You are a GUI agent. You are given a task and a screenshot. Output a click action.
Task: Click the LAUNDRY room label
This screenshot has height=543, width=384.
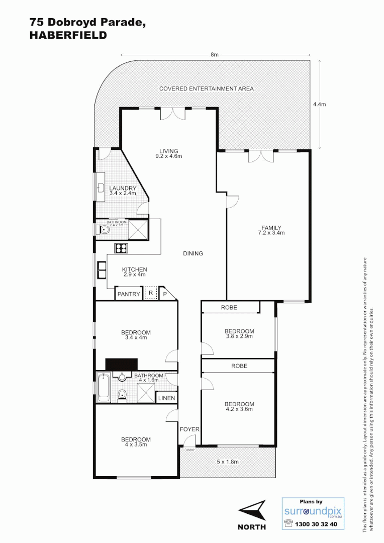[x=123, y=189]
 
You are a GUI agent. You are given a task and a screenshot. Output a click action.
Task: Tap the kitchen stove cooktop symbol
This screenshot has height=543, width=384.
[x=121, y=248]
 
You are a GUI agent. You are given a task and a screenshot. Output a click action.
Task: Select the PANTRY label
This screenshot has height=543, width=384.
[x=129, y=294]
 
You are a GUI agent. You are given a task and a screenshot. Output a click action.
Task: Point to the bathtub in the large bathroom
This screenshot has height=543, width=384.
[x=104, y=388]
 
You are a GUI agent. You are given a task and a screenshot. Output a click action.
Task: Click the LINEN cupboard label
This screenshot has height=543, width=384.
[x=167, y=398]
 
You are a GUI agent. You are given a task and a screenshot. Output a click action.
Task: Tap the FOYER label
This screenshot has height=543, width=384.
[x=189, y=429]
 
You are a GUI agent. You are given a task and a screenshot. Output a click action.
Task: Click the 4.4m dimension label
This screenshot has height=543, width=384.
[x=319, y=105]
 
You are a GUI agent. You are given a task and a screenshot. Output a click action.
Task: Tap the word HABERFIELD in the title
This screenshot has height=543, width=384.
[x=68, y=35]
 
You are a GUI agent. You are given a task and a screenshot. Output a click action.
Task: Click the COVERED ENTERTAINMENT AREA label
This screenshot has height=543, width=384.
[x=206, y=88]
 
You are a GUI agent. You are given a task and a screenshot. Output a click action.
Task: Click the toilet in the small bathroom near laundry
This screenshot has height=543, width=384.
[x=104, y=230]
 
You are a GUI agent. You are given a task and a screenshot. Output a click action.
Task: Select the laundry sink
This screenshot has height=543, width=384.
[x=101, y=189]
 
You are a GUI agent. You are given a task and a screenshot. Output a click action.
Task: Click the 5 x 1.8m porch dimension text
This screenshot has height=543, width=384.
[x=227, y=462]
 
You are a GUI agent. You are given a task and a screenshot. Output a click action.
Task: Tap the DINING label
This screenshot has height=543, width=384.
[x=193, y=253]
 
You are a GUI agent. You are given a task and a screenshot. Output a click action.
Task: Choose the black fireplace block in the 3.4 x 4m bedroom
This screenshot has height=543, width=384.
[x=121, y=365]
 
